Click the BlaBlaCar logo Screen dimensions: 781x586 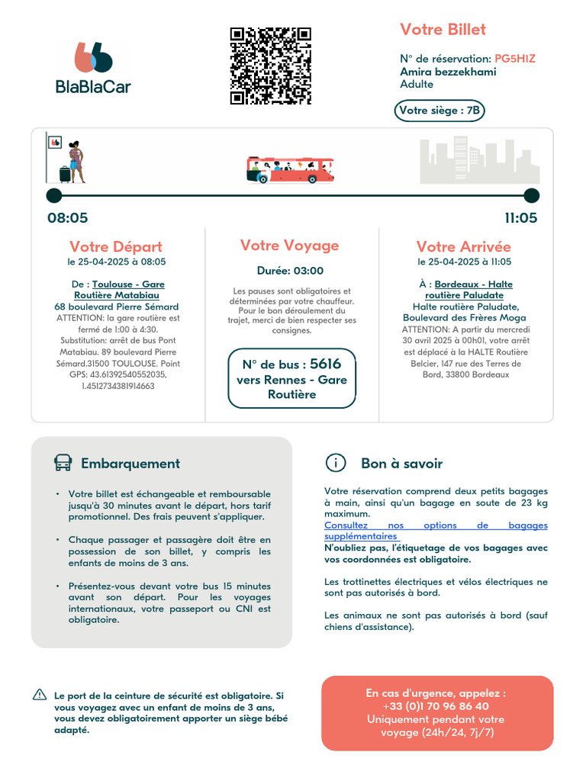pyautogui.click(x=93, y=69)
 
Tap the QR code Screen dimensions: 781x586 pyautogui.click(x=271, y=66)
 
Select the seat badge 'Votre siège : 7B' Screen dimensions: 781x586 pyautogui.click(x=440, y=111)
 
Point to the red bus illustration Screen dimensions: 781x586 pyautogui.click(x=290, y=170)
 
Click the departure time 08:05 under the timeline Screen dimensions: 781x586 pyautogui.click(x=68, y=218)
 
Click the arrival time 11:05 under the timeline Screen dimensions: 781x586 pyautogui.click(x=520, y=218)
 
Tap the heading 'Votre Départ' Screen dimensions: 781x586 pyautogui.click(x=116, y=247)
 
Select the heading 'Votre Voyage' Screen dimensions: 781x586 pyautogui.click(x=290, y=246)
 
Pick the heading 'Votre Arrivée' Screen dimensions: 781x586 pyautogui.click(x=464, y=247)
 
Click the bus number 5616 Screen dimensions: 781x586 pyautogui.click(x=326, y=364)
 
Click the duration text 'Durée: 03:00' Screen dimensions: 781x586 pyautogui.click(x=290, y=271)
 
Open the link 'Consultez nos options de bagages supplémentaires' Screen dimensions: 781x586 pyautogui.click(x=436, y=531)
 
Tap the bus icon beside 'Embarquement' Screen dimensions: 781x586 pyautogui.click(x=63, y=463)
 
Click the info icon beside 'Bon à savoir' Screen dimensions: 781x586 pyautogui.click(x=335, y=463)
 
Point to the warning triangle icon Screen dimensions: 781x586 pyautogui.click(x=40, y=695)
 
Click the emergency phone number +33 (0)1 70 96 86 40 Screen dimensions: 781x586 pyautogui.click(x=436, y=706)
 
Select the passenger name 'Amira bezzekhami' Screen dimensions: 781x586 pyautogui.click(x=448, y=72)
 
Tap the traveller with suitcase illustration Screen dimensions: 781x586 pyautogui.click(x=74, y=162)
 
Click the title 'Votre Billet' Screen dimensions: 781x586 pyautogui.click(x=443, y=30)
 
